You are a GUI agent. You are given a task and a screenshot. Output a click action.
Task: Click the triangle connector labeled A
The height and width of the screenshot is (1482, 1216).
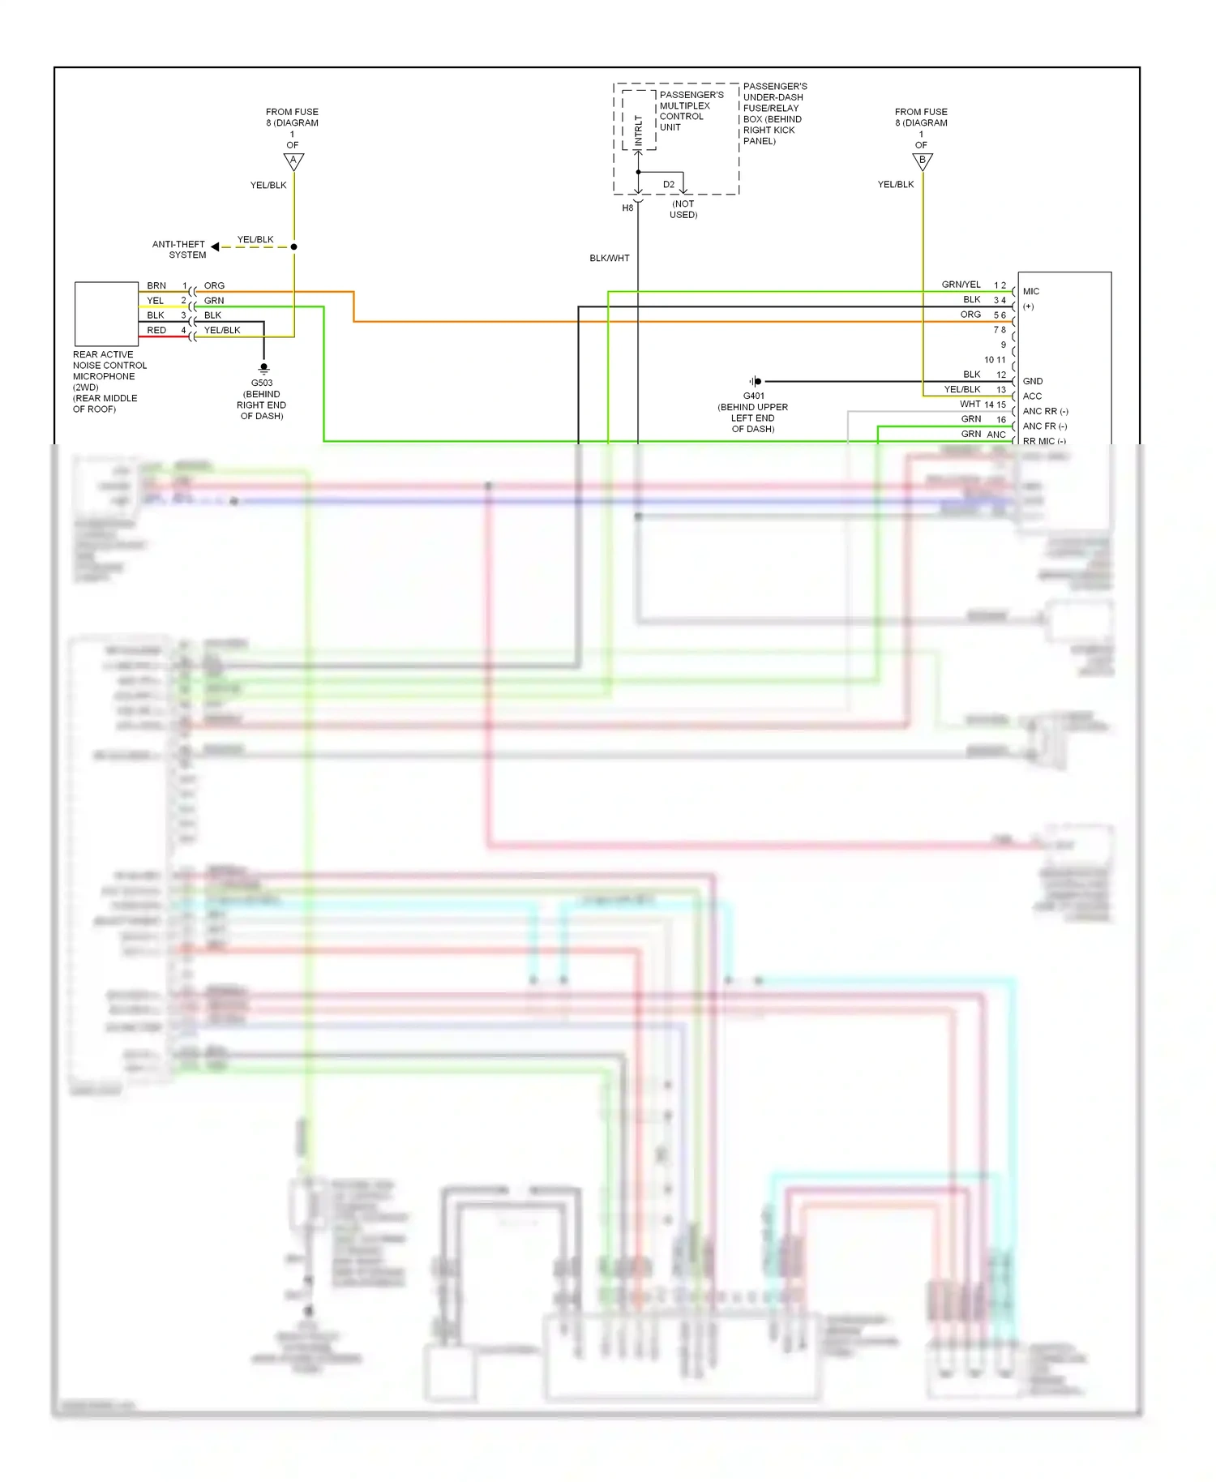point(293,161)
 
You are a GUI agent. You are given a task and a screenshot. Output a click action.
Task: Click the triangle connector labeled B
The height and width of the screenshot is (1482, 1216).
point(923,161)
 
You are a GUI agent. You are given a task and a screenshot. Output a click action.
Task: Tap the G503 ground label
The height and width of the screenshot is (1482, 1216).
point(261,383)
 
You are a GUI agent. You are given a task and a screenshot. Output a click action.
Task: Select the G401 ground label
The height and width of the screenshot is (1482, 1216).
point(753,396)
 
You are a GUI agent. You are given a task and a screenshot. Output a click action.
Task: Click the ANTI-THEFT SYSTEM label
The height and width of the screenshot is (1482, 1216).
point(179,249)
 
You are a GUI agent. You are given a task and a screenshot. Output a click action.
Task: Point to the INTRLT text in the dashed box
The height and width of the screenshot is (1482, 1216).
point(639,130)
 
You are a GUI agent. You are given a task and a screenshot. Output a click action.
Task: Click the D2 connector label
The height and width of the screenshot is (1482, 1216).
point(668,185)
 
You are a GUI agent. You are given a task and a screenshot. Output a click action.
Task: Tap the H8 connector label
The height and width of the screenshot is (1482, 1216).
point(627,208)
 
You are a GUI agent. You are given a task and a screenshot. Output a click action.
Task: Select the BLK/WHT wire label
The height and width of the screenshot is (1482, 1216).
point(610,258)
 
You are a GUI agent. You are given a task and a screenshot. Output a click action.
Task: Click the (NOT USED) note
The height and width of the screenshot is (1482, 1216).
point(683,209)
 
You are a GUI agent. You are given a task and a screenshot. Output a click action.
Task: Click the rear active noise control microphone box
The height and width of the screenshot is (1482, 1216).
point(106,314)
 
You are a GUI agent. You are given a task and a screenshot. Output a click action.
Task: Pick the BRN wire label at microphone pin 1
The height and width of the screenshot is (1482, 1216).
point(156,285)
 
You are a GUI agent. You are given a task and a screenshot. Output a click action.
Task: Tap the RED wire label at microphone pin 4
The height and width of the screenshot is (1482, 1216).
point(156,330)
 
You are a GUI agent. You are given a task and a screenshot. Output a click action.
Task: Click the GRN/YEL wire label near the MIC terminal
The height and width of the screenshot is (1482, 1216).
point(961,285)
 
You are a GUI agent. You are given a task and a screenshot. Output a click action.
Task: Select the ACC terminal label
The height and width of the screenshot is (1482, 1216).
point(1032,396)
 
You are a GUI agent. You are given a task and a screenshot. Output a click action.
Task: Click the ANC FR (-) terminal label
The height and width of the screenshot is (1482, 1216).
point(1045,426)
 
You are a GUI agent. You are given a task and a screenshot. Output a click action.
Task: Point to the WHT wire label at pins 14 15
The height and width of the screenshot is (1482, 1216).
point(970,404)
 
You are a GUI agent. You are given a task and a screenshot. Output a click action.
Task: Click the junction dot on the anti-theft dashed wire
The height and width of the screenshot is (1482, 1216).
point(293,246)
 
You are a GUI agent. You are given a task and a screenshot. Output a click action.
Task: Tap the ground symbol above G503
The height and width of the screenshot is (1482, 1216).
point(263,368)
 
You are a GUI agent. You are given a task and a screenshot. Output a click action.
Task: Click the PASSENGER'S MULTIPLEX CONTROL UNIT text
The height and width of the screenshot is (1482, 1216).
point(691,111)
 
